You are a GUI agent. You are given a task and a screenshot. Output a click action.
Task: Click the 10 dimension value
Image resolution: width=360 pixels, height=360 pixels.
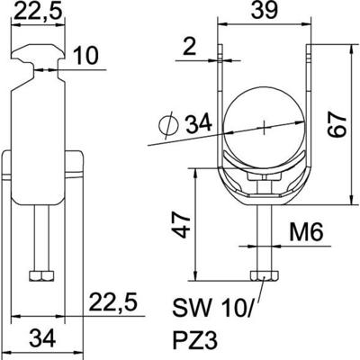pyautogui.click(x=85, y=58)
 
